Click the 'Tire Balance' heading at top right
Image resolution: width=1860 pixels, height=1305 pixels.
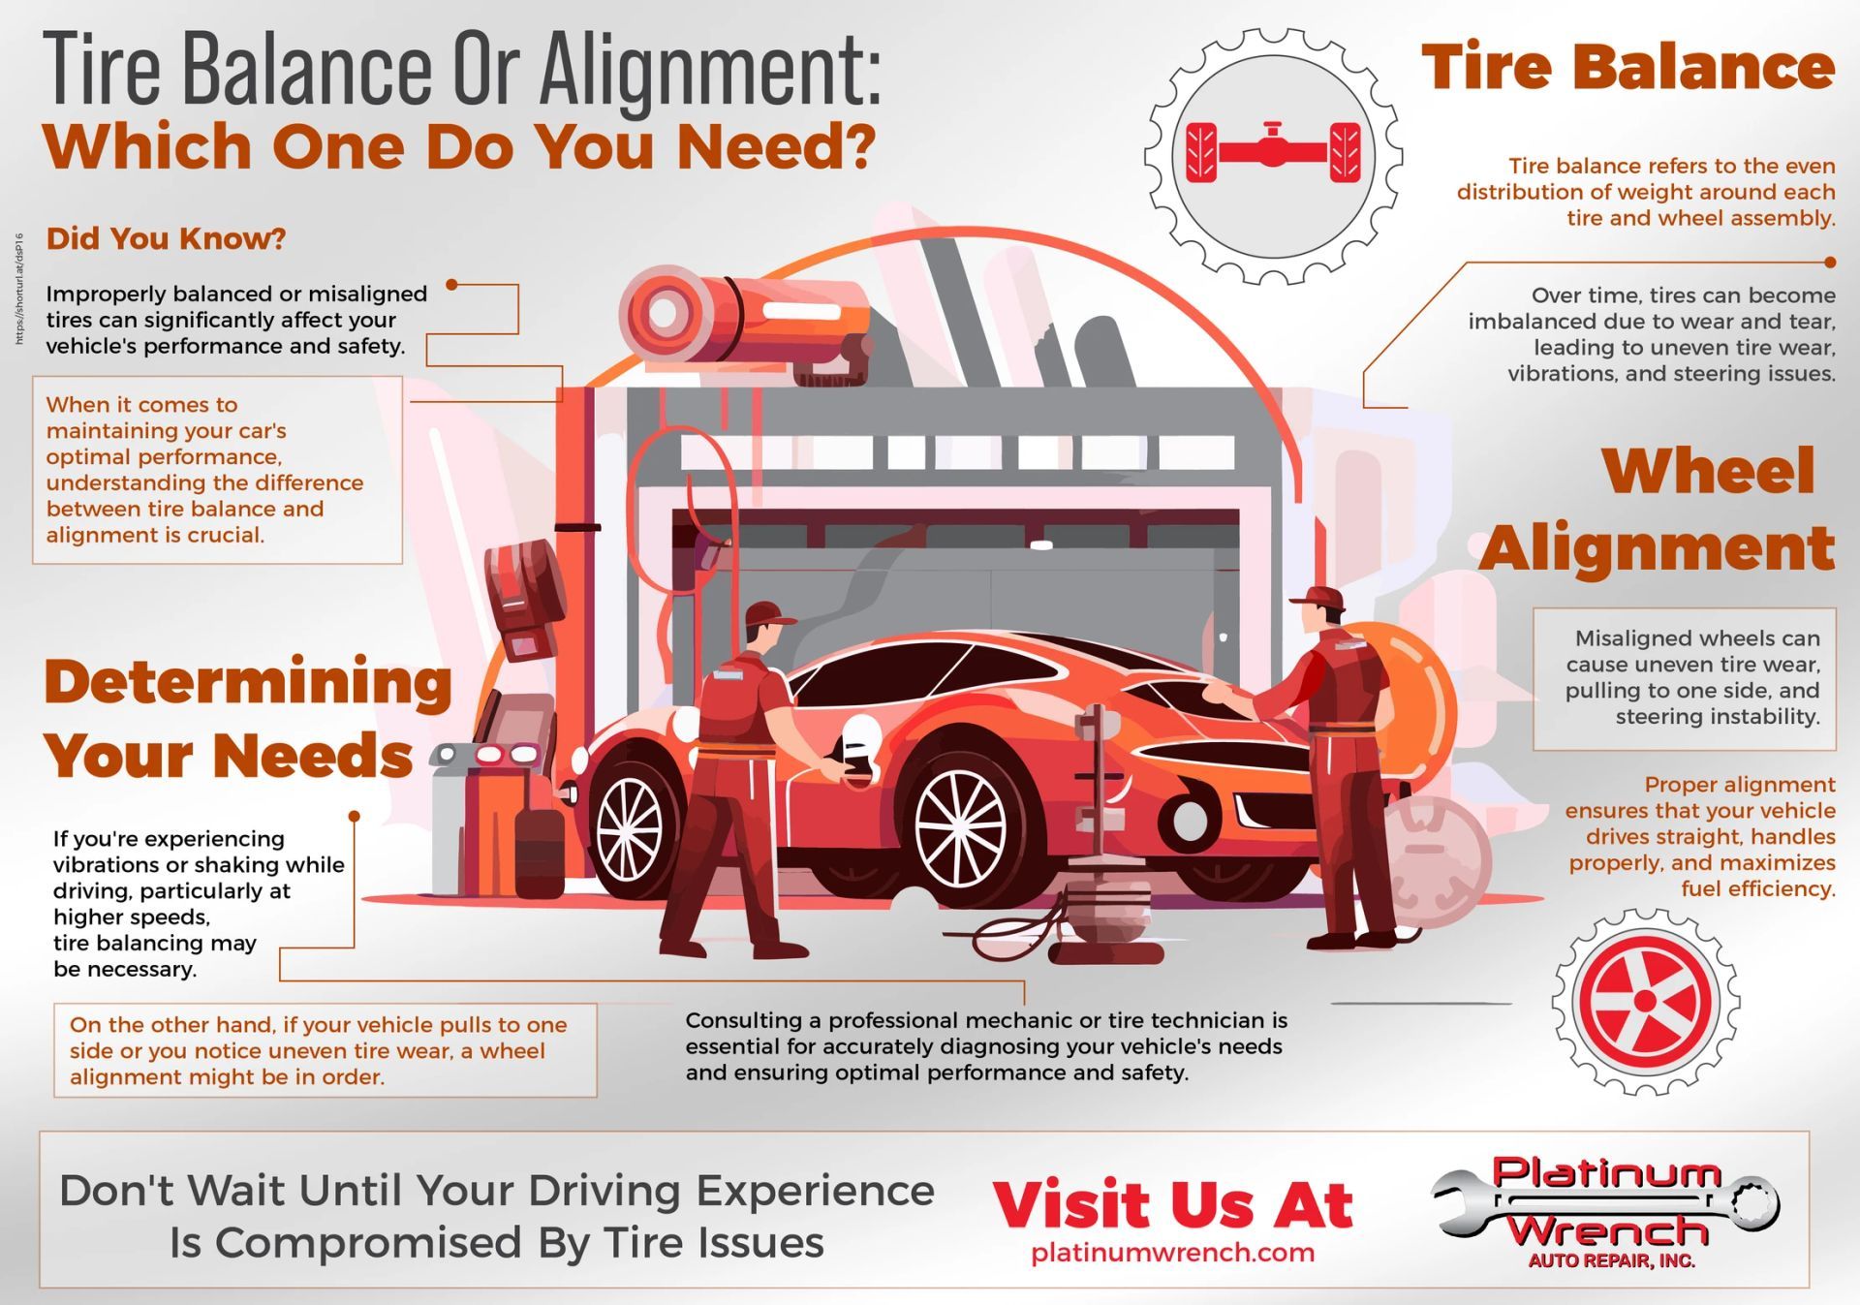[x=1627, y=68]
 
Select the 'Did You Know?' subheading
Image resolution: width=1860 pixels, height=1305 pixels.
[x=166, y=238]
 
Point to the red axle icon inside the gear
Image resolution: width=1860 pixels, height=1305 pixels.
[x=1273, y=152]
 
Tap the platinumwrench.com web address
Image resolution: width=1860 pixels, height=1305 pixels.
[x=1172, y=1252]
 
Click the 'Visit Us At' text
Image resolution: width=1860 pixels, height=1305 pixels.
[x=1172, y=1204]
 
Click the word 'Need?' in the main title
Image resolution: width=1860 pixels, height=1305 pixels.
[x=775, y=145]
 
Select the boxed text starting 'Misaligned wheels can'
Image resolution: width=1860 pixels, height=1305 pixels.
[x=1684, y=678]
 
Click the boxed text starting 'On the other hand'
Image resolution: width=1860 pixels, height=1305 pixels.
[x=325, y=1050]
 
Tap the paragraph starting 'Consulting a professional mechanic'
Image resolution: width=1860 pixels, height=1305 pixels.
[x=985, y=1046]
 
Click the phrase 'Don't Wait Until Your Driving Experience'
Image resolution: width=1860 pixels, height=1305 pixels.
[x=496, y=1191]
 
